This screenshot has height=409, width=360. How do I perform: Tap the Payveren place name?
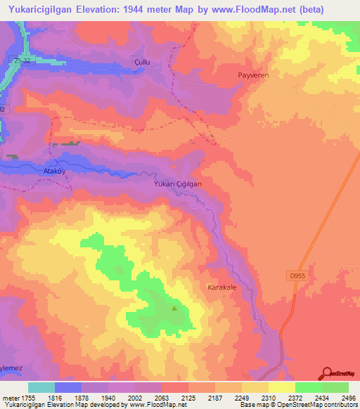(x=255, y=74)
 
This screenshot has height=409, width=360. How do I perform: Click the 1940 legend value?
(x=109, y=397)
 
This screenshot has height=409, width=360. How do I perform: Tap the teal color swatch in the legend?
(x=41, y=387)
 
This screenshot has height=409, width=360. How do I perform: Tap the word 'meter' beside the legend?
(x=10, y=397)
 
